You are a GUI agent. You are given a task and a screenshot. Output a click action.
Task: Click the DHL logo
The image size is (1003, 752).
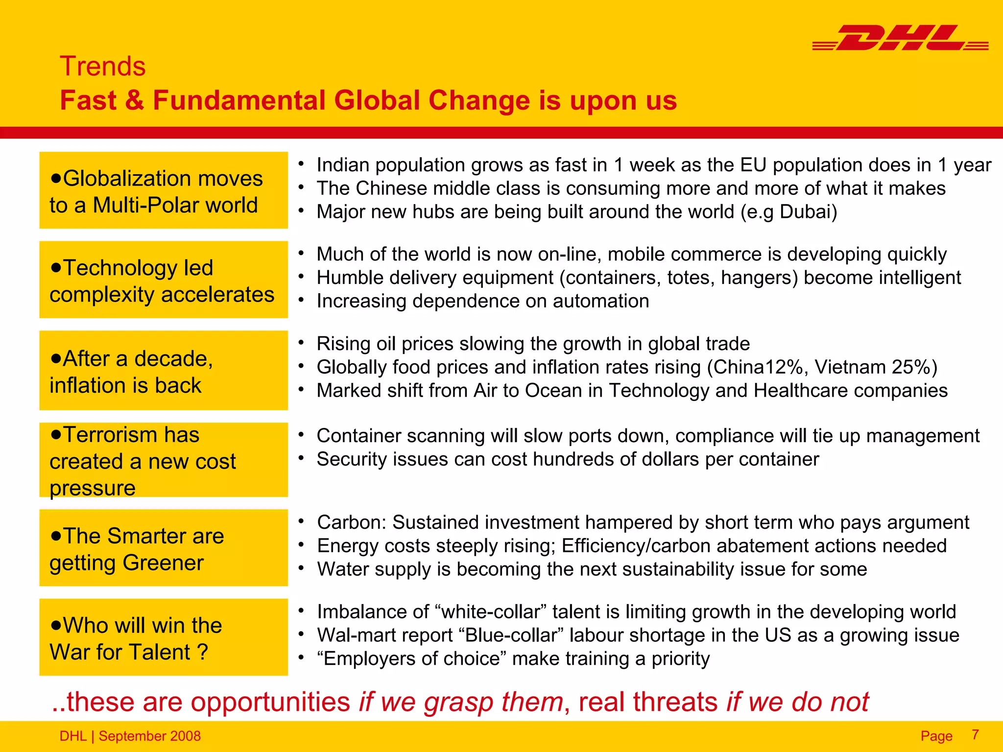click(x=900, y=38)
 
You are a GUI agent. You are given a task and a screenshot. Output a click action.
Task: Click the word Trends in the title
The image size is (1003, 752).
click(x=103, y=66)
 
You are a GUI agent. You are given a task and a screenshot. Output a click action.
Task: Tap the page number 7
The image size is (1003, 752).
click(x=975, y=734)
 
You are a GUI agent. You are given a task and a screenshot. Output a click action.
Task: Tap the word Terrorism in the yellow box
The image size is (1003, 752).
click(x=131, y=435)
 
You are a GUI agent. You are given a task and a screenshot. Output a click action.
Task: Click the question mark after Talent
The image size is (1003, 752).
click(x=202, y=652)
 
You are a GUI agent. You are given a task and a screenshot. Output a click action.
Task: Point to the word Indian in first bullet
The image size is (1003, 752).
click(x=343, y=165)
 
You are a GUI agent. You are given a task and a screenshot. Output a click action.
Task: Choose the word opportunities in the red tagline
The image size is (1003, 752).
click(x=270, y=702)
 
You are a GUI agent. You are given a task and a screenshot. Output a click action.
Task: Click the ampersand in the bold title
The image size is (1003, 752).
click(x=134, y=100)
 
